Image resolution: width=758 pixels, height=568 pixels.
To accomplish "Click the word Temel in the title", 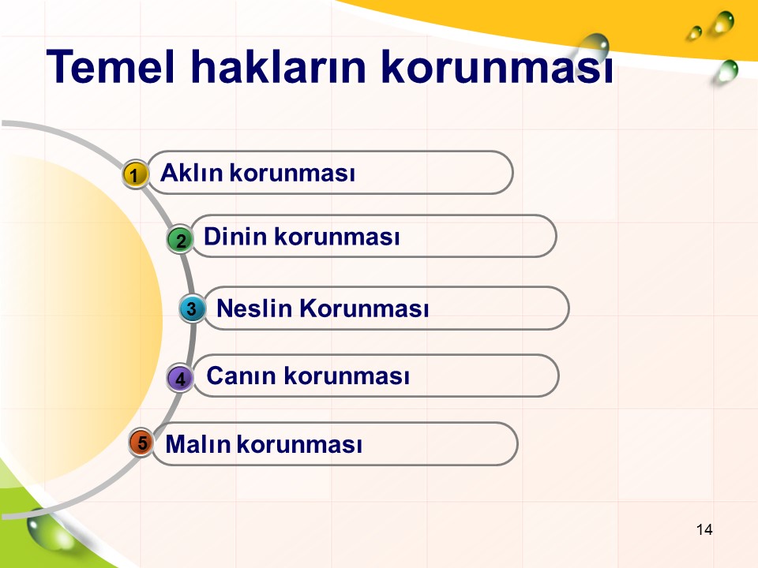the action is (x=111, y=66).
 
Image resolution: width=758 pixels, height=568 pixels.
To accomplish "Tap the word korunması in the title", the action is (x=497, y=67).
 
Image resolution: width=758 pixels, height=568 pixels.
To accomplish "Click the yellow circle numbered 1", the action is (x=135, y=174).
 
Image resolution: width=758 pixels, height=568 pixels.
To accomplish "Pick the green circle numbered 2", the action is (x=180, y=239).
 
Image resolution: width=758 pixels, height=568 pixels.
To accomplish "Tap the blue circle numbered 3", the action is (x=192, y=308).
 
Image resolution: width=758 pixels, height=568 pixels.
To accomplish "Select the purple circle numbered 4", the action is (x=180, y=378).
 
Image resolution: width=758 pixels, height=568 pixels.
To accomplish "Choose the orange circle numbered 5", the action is (x=141, y=443).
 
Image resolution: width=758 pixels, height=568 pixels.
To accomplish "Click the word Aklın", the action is (x=191, y=173).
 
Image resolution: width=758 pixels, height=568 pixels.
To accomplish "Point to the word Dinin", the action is (x=235, y=237).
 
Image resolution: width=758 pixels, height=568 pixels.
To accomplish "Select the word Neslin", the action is (x=254, y=308).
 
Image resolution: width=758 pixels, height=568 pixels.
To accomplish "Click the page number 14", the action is (x=704, y=530).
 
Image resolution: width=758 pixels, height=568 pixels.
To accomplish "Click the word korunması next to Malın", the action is (x=299, y=444).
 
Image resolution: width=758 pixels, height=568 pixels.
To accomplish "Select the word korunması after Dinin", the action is (x=337, y=237).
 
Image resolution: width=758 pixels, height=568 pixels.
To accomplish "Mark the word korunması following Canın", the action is (x=347, y=376).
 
